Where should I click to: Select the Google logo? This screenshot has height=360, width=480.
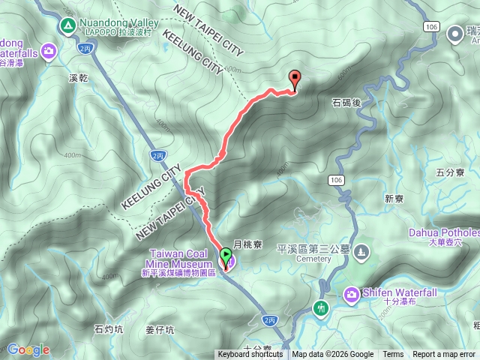(28, 349)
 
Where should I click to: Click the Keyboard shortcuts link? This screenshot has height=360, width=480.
(250, 355)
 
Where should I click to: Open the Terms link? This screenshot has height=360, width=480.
(393, 355)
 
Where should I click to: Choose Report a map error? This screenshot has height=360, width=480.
(444, 355)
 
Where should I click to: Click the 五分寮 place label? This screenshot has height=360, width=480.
(450, 172)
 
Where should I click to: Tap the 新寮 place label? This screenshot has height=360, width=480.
(394, 199)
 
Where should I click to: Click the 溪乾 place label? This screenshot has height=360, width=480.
(79, 77)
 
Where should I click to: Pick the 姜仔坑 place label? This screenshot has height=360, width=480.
(160, 329)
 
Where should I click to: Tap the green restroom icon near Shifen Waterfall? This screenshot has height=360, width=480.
(322, 307)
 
